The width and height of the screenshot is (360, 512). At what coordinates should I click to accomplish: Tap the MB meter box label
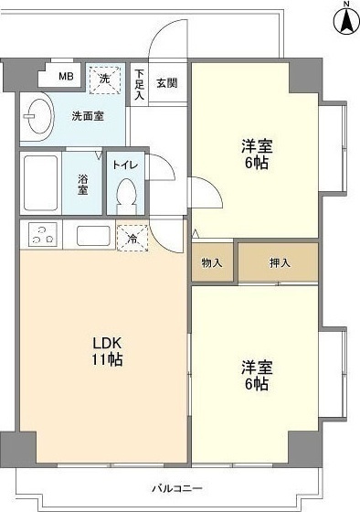click(66, 77)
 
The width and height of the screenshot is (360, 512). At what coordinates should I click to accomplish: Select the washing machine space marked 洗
click(104, 80)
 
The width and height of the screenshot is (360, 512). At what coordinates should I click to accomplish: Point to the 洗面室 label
click(89, 116)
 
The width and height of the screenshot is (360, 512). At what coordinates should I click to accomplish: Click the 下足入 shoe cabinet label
click(140, 84)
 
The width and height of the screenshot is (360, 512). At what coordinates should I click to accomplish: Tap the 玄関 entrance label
click(166, 83)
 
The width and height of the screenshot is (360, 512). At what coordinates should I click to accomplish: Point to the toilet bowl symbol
click(125, 195)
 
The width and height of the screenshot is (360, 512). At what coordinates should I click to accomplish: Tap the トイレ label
click(125, 165)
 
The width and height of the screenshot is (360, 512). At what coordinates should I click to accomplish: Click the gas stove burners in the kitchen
click(41, 235)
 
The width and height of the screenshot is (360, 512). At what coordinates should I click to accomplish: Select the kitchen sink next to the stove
click(92, 235)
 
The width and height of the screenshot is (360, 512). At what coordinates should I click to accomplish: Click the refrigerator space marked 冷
click(132, 238)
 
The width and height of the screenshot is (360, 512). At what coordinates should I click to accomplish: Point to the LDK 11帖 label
click(107, 351)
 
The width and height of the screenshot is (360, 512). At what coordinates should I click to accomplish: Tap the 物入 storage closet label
click(212, 263)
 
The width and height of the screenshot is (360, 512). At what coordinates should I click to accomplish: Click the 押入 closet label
click(280, 263)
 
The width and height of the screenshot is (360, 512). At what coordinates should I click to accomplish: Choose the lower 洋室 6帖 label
click(256, 375)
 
